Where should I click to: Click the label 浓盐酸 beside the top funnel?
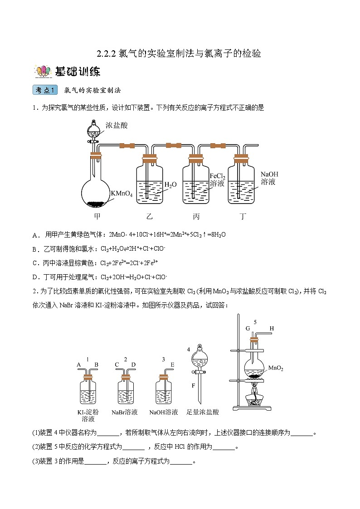pyautogui.click(x=116, y=124)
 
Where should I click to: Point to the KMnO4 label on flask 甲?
pyautogui.click(x=122, y=194)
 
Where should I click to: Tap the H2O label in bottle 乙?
pyautogui.click(x=170, y=184)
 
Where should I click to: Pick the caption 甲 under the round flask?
pyautogui.click(x=97, y=216)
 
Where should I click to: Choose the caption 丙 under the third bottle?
pyautogui.click(x=196, y=216)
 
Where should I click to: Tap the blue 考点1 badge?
pyautogui.click(x=45, y=90)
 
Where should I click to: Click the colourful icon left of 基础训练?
pyautogui.click(x=43, y=72)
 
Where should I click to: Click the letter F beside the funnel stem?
pyautogui.click(x=193, y=386)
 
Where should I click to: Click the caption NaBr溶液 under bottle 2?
pyautogui.click(x=125, y=412)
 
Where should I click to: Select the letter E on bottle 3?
pyautogui.click(x=172, y=364)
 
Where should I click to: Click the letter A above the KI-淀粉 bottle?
pyautogui.click(x=78, y=364)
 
